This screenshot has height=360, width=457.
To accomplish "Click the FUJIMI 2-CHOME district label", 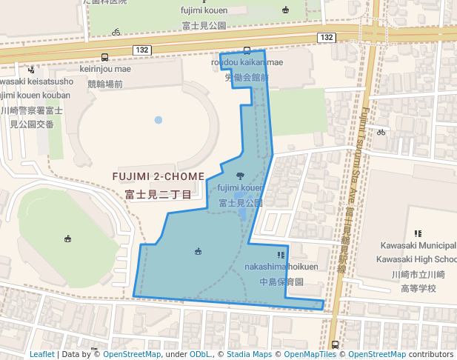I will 157,177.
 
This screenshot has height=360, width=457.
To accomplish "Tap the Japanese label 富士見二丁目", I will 158,195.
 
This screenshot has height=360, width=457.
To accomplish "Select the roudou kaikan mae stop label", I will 247,62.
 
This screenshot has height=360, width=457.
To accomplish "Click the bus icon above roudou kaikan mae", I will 247,50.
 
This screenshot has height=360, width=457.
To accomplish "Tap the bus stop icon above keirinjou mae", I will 104,56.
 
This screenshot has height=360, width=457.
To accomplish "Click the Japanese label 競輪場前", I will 104,84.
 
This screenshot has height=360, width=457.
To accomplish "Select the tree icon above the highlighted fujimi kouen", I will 239,176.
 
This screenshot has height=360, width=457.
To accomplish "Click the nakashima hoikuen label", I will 281,267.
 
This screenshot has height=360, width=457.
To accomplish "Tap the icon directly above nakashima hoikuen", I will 280,255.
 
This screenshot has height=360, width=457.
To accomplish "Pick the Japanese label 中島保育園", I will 281,282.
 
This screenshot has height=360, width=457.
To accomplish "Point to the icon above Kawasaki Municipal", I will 418,233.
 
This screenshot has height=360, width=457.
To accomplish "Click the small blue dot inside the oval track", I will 158,119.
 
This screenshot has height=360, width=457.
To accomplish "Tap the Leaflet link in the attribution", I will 42,354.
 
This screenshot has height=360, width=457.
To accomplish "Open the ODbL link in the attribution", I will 200,354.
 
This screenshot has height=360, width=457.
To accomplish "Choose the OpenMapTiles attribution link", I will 310,354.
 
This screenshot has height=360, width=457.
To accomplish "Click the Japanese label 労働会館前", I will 247,77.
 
